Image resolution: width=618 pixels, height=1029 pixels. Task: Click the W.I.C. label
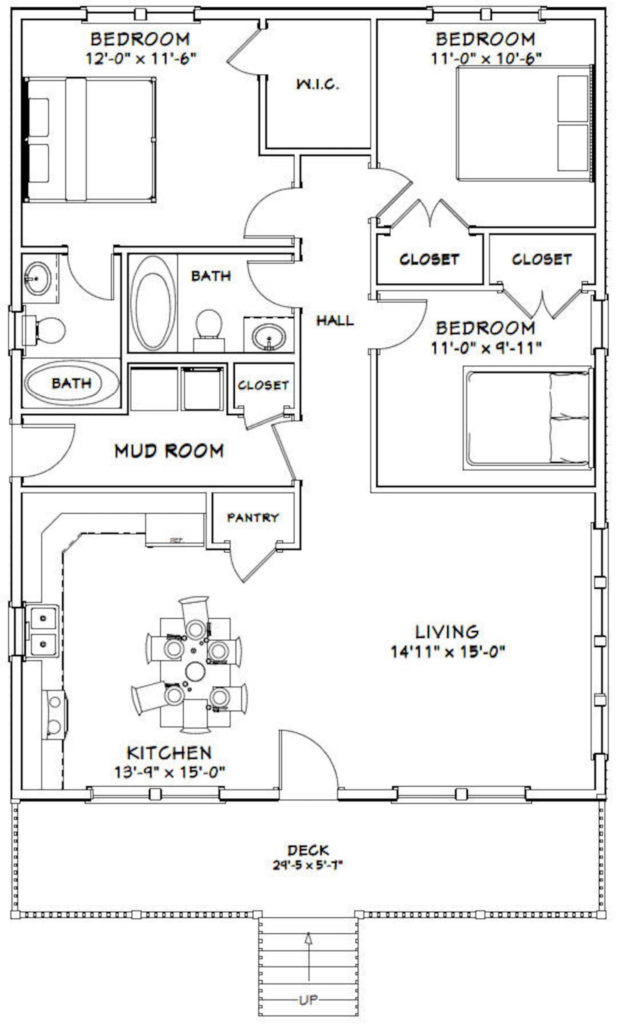[317, 84]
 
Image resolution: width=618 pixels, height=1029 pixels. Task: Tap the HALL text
[335, 321]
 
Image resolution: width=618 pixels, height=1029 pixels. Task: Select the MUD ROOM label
[169, 451]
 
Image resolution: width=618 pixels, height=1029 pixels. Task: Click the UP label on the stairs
[308, 999]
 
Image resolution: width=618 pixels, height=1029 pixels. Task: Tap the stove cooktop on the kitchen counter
[54, 714]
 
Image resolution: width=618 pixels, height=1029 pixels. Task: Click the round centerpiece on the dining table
[195, 671]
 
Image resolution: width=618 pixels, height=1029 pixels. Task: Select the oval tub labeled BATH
[72, 383]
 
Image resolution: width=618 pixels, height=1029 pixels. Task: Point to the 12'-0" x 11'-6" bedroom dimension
[141, 58]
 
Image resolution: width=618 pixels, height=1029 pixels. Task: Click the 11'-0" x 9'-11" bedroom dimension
[486, 348]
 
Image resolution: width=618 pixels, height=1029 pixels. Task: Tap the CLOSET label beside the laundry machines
[263, 386]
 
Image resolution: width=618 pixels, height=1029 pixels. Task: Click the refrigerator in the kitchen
[175, 529]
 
